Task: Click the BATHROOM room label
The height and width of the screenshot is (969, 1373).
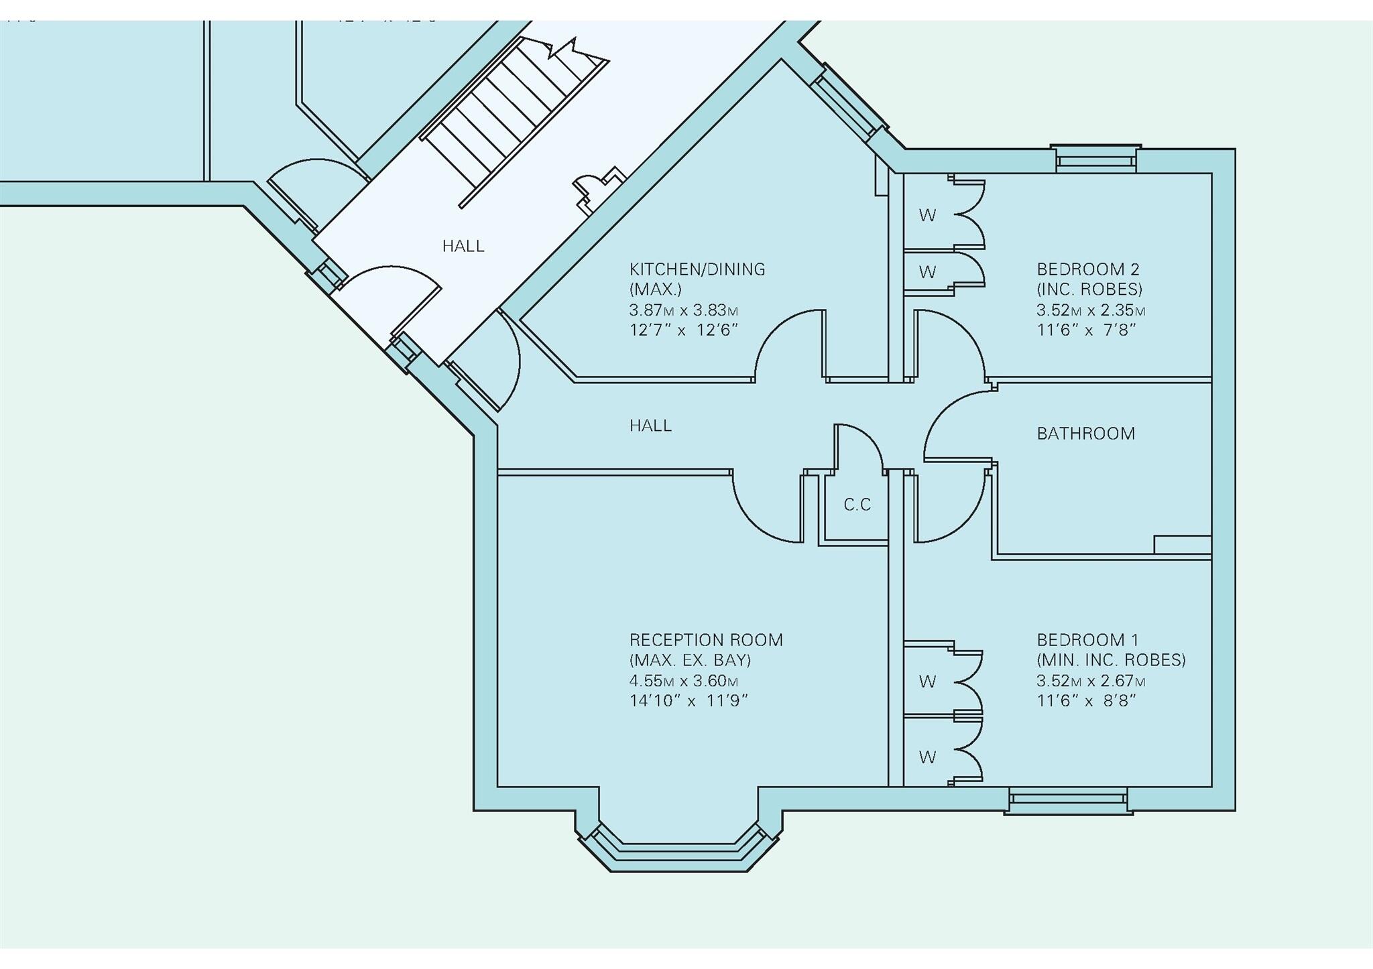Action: point(1085,434)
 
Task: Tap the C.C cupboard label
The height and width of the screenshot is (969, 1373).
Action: point(857,505)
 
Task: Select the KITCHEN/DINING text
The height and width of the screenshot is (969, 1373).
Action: point(697,269)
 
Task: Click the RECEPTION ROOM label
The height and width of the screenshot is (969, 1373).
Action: point(705,640)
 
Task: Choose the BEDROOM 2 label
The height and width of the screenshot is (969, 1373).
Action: point(1087,269)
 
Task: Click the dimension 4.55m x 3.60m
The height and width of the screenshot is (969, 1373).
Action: point(683,681)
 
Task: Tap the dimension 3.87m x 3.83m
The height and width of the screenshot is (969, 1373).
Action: point(683,310)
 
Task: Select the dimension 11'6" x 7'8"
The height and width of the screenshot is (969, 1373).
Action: point(1085,330)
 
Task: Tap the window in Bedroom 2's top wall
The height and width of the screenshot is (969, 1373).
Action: point(1095,159)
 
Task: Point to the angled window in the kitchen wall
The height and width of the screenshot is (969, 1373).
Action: point(849,105)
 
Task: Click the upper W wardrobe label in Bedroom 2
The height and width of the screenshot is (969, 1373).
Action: point(927,215)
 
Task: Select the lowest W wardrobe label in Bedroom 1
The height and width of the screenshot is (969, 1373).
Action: point(927,757)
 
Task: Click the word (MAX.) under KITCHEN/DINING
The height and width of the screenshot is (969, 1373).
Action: point(655,289)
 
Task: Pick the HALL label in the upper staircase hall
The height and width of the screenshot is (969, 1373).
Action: point(463,246)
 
